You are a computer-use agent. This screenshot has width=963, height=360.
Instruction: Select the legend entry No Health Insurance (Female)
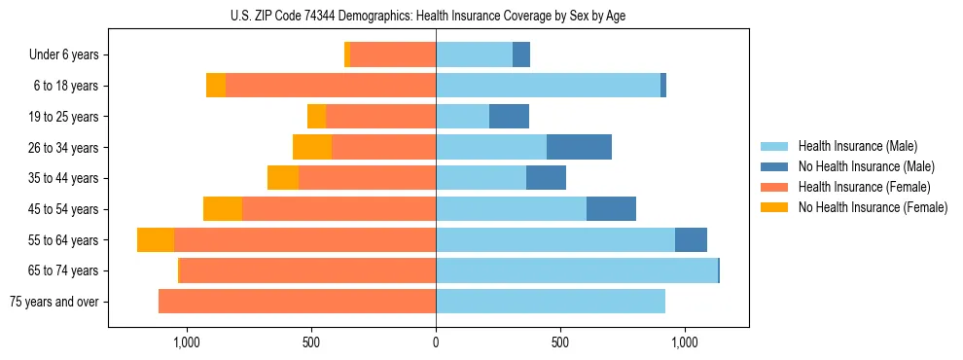click(873, 207)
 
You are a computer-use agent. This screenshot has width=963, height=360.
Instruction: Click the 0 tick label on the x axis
click(436, 342)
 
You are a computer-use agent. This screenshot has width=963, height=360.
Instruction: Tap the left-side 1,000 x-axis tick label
click(186, 342)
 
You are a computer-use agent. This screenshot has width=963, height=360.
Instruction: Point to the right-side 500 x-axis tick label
click(559, 342)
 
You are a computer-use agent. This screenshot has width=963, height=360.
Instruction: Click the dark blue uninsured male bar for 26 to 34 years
click(579, 148)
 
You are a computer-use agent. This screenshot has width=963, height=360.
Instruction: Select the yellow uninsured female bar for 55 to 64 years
click(156, 240)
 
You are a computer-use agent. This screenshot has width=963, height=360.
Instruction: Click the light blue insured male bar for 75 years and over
click(551, 302)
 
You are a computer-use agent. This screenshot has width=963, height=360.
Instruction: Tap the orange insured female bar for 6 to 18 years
click(331, 86)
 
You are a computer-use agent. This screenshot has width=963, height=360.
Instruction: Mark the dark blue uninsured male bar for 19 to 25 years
click(509, 117)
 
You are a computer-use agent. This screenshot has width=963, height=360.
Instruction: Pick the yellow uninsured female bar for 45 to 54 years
click(223, 209)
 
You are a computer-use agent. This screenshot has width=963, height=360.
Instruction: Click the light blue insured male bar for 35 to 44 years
click(481, 178)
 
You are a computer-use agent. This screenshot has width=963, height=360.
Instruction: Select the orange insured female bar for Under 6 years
click(393, 55)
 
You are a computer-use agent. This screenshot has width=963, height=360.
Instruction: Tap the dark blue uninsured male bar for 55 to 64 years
click(691, 240)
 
